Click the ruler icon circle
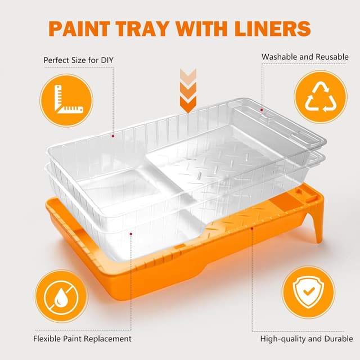click(66, 100)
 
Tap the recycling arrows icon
click(321, 97)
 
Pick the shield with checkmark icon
click(308, 291)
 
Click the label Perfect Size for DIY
click(79, 60)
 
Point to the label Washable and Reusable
click(305, 57)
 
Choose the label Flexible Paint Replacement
click(82, 339)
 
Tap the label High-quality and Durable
click(307, 339)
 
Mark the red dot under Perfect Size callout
click(113, 136)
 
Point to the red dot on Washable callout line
click(262, 110)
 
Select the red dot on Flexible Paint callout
click(131, 234)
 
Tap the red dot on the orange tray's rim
click(252, 228)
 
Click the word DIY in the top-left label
click(107, 60)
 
